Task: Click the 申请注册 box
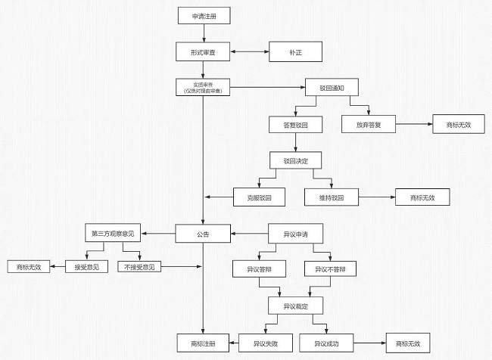click(x=202, y=16)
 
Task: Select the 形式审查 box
click(x=202, y=52)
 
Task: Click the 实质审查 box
click(x=202, y=88)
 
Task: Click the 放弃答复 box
click(x=369, y=124)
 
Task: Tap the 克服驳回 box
click(x=260, y=197)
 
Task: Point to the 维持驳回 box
click(x=332, y=197)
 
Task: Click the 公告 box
click(x=202, y=234)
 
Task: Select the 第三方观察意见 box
click(x=113, y=233)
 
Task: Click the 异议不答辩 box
click(x=331, y=269)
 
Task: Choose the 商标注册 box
click(x=202, y=343)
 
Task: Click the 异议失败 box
click(x=260, y=343)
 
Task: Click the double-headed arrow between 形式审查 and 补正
click(x=249, y=52)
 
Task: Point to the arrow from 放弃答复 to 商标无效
click(x=413, y=124)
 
